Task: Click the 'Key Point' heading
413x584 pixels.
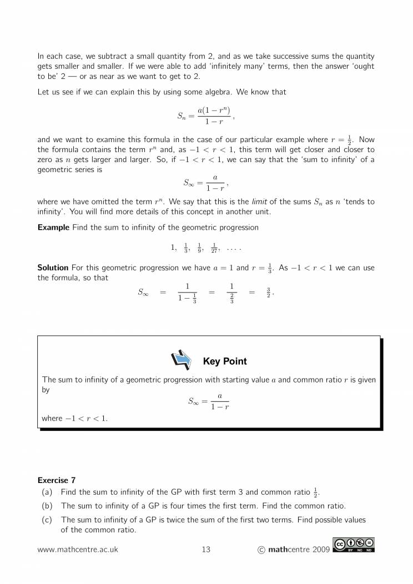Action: tap(225, 361)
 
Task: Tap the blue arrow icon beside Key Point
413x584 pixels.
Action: tap(182, 361)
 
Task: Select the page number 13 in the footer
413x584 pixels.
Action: tap(206, 550)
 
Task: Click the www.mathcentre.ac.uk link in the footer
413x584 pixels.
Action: tap(77, 550)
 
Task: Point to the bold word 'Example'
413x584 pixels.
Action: tap(53, 228)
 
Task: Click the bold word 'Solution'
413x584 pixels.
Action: tap(53, 268)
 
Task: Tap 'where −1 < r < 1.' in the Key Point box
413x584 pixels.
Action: tap(75, 418)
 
